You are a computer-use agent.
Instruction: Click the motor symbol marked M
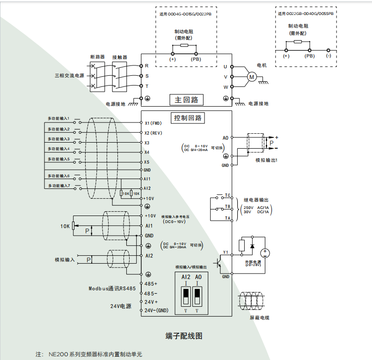pos(251,77)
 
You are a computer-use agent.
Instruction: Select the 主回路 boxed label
pos(187,100)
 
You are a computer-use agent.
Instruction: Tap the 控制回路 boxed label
pos(187,118)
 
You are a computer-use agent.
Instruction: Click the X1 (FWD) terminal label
pos(153,123)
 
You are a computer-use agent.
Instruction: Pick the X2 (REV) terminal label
pos(153,133)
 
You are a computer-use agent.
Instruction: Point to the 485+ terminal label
pos(151,284)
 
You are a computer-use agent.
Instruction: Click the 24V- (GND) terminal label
pos(156,310)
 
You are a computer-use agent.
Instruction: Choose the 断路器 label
pos(97,57)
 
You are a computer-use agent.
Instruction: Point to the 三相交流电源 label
pos(69,75)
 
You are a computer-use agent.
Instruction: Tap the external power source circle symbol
pos(265,253)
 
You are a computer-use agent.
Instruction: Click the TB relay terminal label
pos(228,206)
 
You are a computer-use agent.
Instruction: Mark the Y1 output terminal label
pos(226,252)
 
